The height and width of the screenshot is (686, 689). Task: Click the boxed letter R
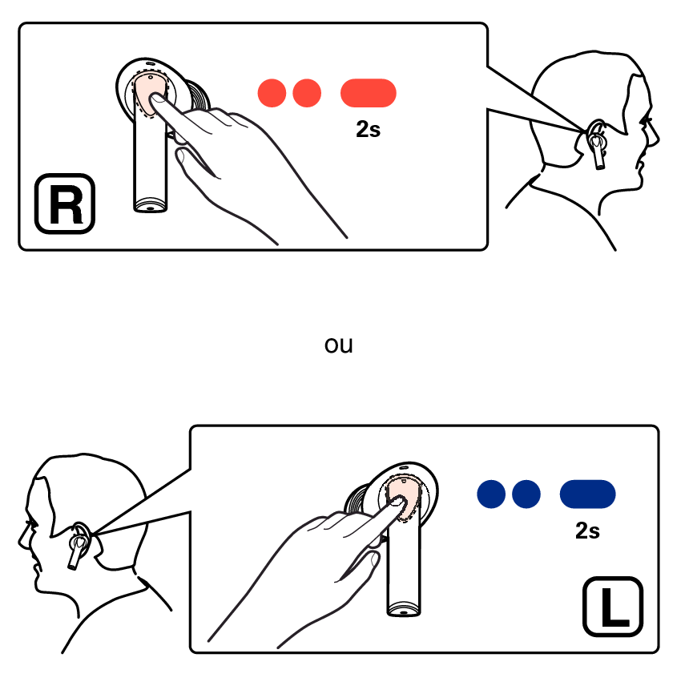tap(65, 204)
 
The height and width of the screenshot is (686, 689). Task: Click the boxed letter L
tap(613, 607)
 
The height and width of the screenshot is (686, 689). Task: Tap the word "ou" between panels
tap(338, 345)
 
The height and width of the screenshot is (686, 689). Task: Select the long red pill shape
tap(369, 93)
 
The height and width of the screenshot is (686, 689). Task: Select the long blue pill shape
tap(587, 494)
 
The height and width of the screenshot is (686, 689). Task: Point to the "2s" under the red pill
tap(369, 129)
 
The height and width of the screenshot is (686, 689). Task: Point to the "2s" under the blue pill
tap(587, 531)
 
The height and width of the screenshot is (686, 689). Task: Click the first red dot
tap(272, 93)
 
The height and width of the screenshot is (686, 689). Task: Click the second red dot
tap(307, 93)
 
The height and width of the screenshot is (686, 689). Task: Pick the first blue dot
tap(491, 494)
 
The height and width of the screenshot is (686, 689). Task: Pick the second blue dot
tap(526, 494)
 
